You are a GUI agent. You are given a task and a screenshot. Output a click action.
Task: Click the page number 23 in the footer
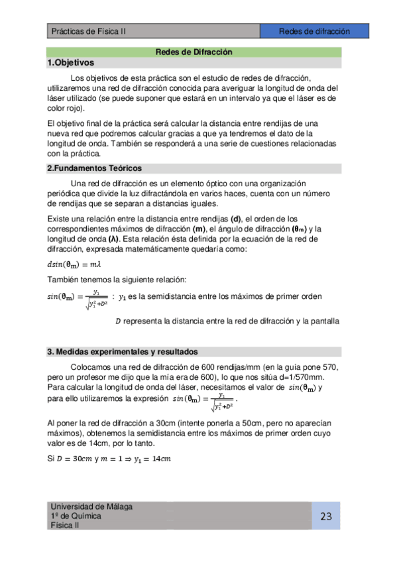point(325,517)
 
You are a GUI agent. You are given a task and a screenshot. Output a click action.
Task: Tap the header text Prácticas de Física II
point(88,31)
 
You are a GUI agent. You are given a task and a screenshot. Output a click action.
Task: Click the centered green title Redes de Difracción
point(194,52)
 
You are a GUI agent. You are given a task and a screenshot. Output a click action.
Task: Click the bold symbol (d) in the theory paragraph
point(235,219)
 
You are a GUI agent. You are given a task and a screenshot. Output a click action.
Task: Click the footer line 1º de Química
point(76,516)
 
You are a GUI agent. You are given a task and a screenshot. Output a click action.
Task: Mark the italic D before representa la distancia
point(118,321)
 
